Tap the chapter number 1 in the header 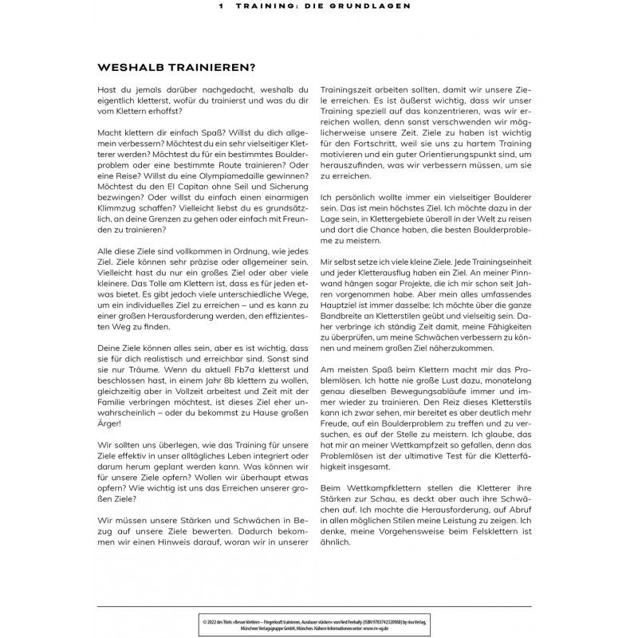click(x=220, y=5)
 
